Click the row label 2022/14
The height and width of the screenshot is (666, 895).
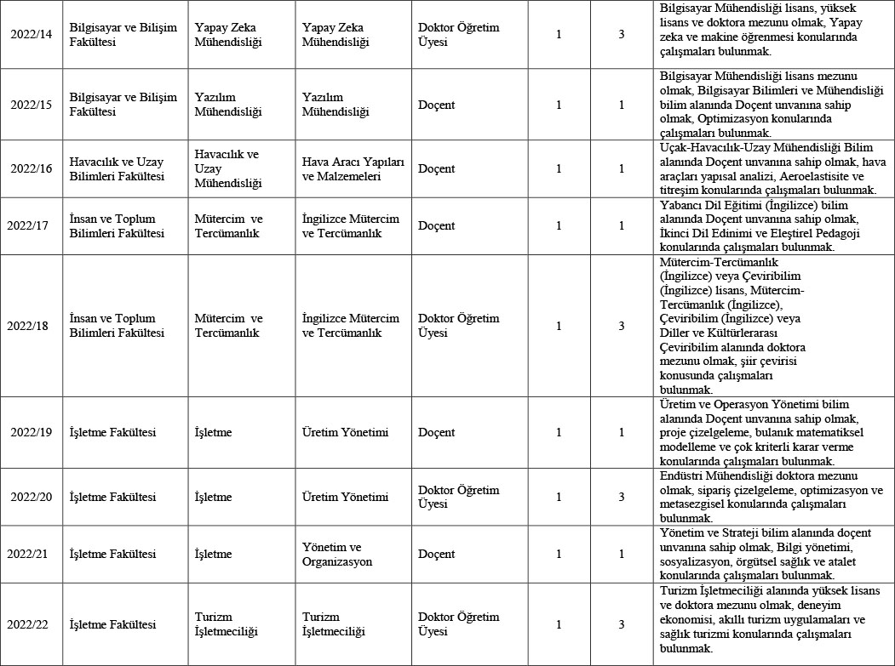(x=32, y=35)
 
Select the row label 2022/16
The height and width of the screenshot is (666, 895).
(x=32, y=168)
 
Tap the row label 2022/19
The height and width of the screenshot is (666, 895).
(x=32, y=432)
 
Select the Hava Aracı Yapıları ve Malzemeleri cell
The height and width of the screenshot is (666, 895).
(x=353, y=168)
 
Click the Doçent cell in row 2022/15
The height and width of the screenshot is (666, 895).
(x=437, y=105)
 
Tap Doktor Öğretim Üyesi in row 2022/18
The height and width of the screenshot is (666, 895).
(x=459, y=325)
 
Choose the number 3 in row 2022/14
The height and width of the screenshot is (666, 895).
(x=622, y=35)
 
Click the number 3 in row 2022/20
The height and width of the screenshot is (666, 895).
(x=622, y=497)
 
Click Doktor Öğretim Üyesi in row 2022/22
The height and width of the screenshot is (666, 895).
(x=459, y=624)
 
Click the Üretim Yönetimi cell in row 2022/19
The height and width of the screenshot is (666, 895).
(x=345, y=432)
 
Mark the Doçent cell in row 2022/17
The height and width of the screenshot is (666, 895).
(x=437, y=225)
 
